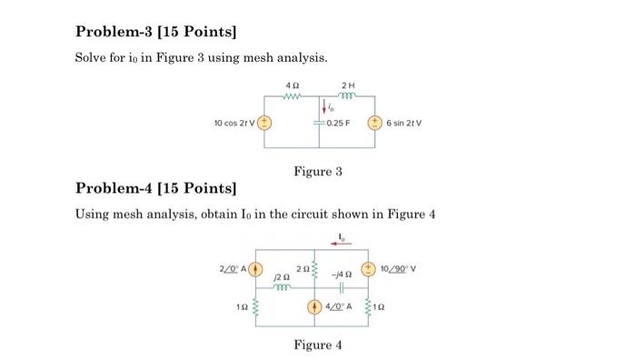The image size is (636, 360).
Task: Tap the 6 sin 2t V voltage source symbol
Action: (x=373, y=121)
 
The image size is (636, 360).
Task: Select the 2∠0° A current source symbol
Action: (x=256, y=268)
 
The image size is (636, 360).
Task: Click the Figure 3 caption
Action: (x=318, y=171)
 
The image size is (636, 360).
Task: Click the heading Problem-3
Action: (x=154, y=33)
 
